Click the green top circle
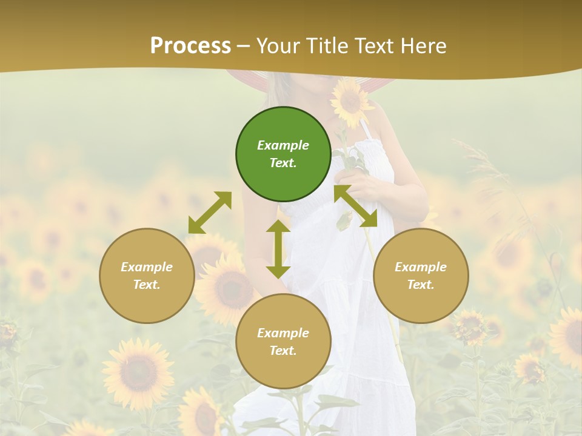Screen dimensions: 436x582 (283, 154)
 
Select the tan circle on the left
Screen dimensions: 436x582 (147, 276)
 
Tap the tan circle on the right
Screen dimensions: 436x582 (421, 276)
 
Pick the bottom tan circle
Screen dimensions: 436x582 (283, 342)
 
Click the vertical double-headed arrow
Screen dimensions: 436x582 (278, 249)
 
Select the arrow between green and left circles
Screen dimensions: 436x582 (210, 213)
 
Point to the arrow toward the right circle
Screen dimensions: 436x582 (356, 206)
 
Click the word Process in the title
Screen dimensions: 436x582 (190, 45)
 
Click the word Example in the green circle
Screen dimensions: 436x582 (283, 145)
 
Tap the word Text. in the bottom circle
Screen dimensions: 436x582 (283, 351)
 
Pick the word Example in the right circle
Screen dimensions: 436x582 (421, 267)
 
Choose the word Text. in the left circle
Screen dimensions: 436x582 (147, 285)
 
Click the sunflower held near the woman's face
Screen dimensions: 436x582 (351, 102)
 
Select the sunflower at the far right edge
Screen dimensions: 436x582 (568, 336)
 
